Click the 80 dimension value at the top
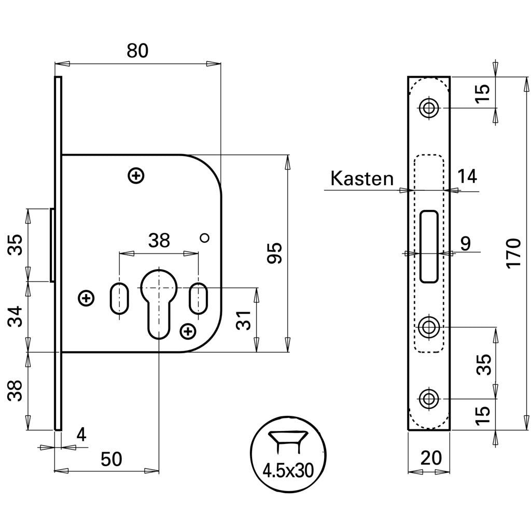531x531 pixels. coord(137,50)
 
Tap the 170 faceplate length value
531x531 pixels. coord(513,253)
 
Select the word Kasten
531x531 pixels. coord(362,179)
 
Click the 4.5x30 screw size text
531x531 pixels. coord(288,470)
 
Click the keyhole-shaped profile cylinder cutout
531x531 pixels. coord(159,301)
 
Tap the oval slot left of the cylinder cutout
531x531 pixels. coord(119,298)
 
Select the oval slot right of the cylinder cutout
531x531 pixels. coord(198,298)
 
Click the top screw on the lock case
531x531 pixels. coord(136,176)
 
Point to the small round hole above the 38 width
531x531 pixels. coord(204,237)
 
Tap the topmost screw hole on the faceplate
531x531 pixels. coord(428,108)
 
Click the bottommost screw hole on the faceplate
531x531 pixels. coord(428,399)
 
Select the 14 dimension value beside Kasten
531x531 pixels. coord(467,177)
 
